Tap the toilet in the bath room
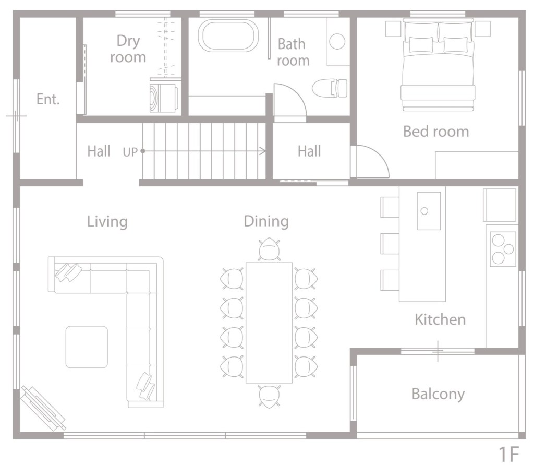[330, 88]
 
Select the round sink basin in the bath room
[337, 42]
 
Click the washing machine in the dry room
[165, 98]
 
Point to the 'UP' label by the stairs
[130, 152]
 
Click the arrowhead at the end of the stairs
[263, 151]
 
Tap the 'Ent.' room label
[48, 100]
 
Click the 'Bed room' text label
[436, 132]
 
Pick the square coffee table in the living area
[87, 347]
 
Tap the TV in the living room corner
[43, 408]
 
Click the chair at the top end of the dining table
[269, 249]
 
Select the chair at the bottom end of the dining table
[269, 396]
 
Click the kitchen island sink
[429, 211]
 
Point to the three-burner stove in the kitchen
[503, 249]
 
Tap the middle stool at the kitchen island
[390, 243]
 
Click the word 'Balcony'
[438, 394]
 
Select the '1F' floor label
[509, 454]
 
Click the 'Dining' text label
[266, 221]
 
